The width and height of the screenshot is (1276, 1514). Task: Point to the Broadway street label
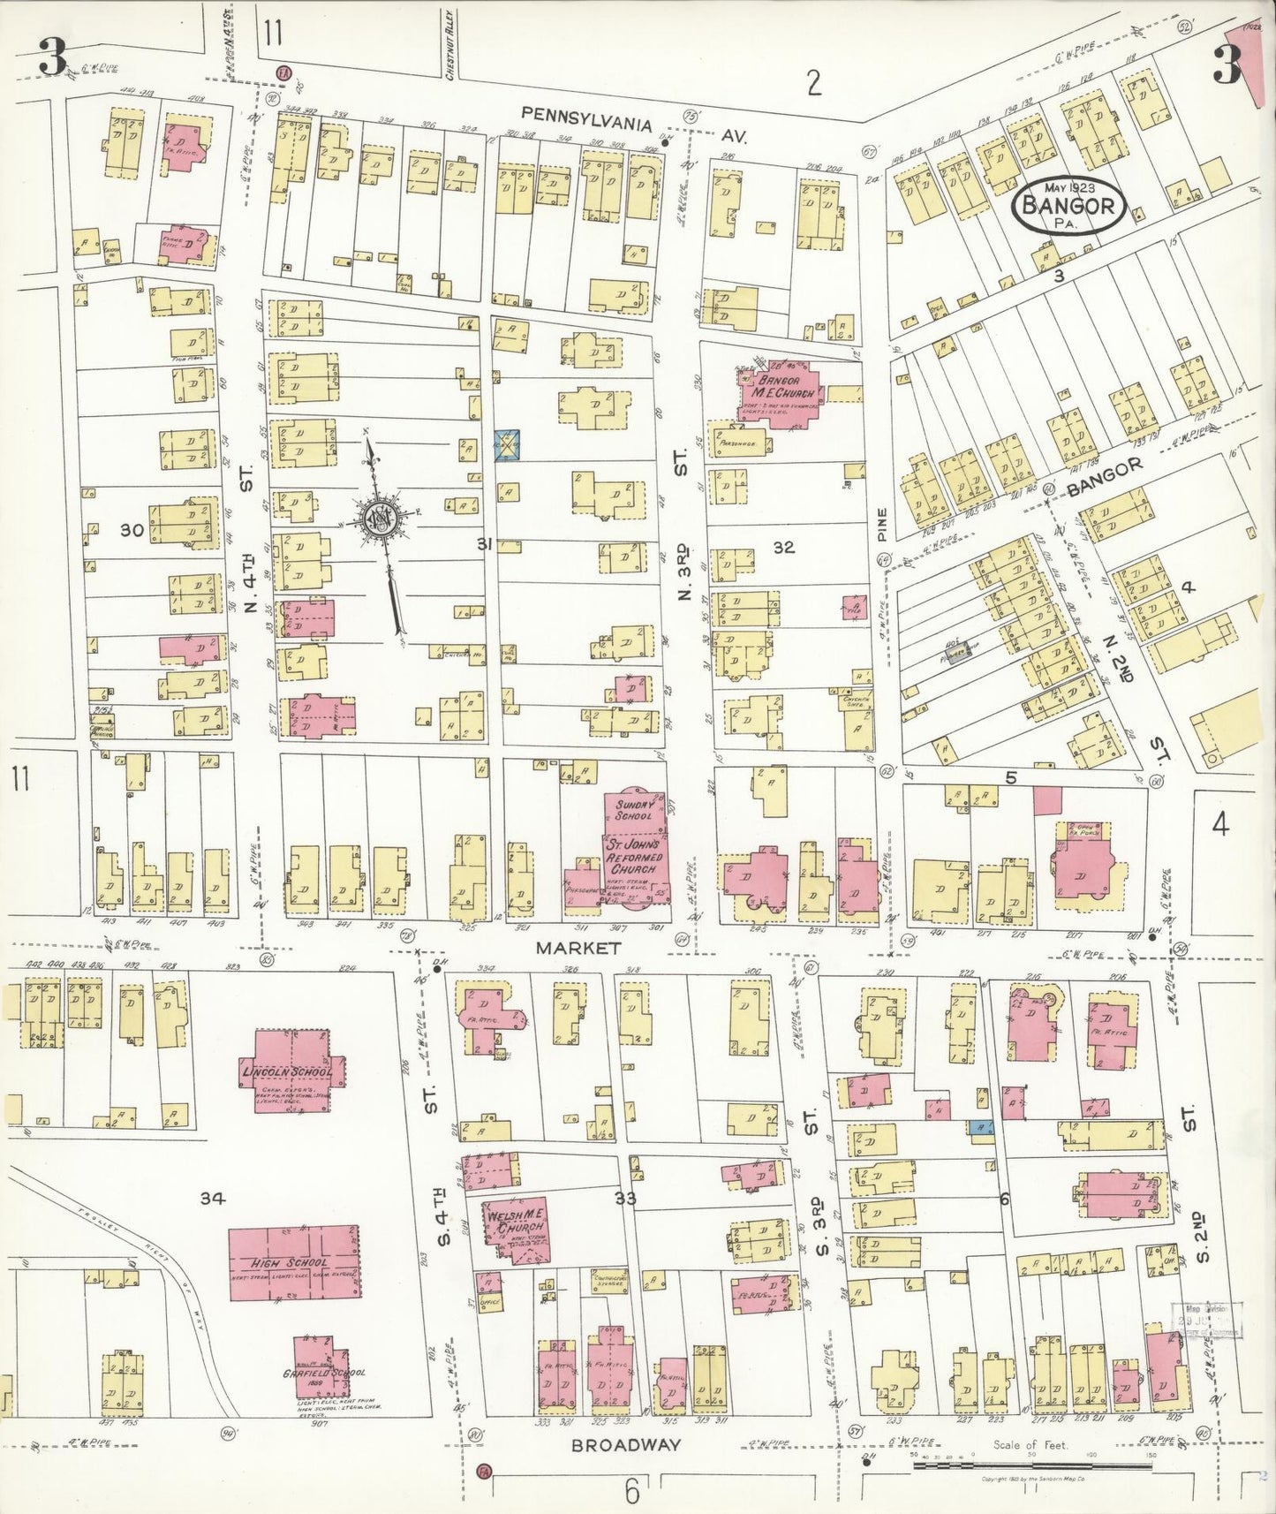point(626,1445)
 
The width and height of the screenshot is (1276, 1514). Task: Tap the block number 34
point(213,1198)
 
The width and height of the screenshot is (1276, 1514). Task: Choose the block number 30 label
point(132,530)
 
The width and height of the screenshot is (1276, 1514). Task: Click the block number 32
point(783,548)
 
